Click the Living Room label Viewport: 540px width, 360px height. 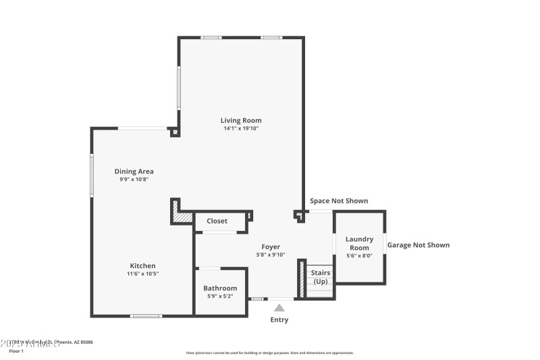point(241,120)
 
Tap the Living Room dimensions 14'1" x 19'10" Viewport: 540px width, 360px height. point(241,128)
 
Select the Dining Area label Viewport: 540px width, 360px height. point(134,172)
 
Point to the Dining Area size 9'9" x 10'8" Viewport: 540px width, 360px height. point(134,180)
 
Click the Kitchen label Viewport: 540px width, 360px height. point(143,265)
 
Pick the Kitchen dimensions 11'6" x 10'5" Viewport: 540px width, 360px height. point(143,274)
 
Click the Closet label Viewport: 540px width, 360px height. point(217,221)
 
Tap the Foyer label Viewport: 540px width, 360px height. point(271,247)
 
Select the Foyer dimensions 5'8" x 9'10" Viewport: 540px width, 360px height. point(271,255)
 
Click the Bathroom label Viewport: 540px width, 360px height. point(220,288)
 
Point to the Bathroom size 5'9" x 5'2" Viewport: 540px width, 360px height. point(220,297)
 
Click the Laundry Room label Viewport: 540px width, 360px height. point(359,243)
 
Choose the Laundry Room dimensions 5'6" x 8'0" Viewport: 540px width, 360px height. point(359,255)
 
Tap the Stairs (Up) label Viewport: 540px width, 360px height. point(321,277)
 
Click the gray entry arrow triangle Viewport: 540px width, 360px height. point(279,308)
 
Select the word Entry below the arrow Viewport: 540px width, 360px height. point(279,319)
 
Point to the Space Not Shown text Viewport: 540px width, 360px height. point(339,201)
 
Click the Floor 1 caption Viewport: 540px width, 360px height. point(16,351)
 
